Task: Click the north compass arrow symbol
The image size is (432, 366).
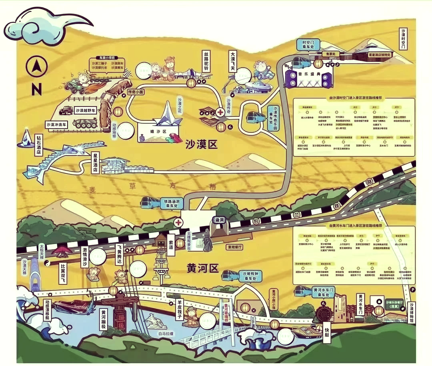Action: (x=36, y=66)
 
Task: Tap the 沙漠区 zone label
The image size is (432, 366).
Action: (x=202, y=144)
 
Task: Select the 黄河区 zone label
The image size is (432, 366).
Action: (x=203, y=268)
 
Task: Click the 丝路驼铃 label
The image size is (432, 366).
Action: (x=207, y=62)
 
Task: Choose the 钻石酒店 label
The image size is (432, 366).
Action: (x=38, y=147)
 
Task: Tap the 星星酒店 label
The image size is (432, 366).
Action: (x=95, y=162)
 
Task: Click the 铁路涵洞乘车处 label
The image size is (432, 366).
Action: (x=172, y=203)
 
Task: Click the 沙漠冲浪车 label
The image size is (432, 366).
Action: (x=56, y=124)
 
